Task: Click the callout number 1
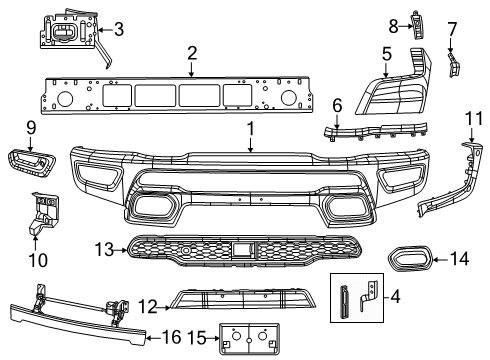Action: pos(251,129)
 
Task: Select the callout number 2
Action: pos(191,52)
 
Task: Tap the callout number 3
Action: pos(119,29)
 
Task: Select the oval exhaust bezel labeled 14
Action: pos(409,258)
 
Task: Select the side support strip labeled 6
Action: pos(377,132)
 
